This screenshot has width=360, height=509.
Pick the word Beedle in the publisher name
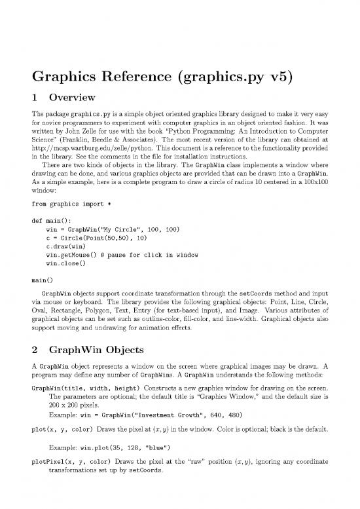click(108, 140)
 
